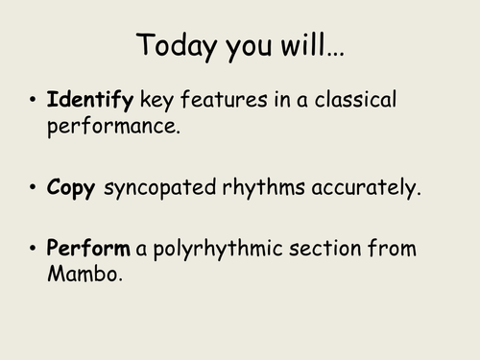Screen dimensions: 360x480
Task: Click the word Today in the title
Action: [x=176, y=45]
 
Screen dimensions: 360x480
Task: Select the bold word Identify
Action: [x=92, y=100]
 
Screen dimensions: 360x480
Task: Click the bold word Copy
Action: [x=70, y=188]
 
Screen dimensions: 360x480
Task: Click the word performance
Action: [x=114, y=125]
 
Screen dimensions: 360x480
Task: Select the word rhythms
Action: [x=267, y=188]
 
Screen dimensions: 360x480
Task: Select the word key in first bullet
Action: [x=158, y=100]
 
